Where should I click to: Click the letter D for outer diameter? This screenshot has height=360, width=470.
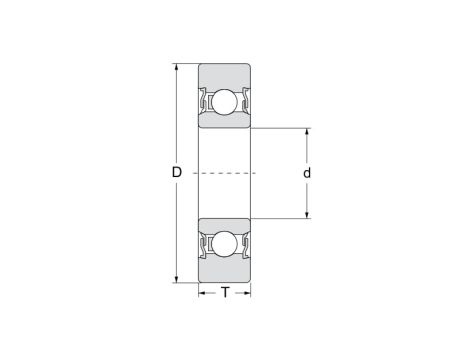176,173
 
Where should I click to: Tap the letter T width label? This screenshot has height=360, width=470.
224,293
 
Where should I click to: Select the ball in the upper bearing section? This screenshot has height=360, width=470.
224,102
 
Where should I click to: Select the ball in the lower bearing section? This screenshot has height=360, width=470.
224,243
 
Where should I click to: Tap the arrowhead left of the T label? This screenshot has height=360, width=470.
202,293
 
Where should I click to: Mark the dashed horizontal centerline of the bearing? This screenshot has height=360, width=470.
224,173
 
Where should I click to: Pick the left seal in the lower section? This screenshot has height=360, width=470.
204,244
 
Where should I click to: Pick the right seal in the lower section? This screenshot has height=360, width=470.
244,244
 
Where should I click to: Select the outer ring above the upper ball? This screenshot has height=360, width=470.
224,75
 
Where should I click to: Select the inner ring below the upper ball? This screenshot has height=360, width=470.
224,122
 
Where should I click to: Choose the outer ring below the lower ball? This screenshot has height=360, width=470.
224,271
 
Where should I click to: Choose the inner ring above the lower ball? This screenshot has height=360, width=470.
224,223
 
